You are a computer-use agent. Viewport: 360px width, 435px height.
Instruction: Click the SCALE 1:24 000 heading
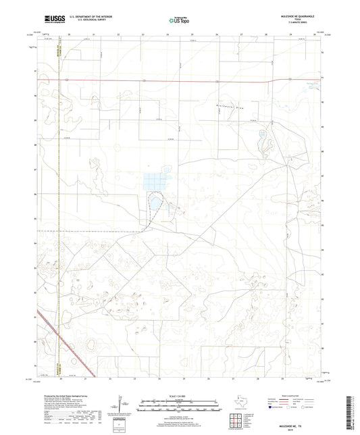pos(179,394)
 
